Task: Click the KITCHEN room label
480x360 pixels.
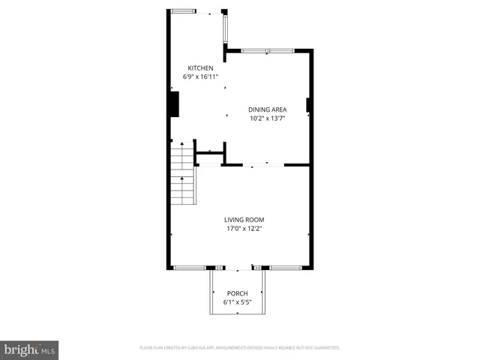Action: tap(195, 68)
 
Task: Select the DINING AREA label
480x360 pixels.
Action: tap(268, 109)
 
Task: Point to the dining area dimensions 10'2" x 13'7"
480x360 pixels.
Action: tap(268, 118)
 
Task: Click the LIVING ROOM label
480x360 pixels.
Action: tap(244, 220)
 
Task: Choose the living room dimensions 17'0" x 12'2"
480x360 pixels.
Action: tap(244, 229)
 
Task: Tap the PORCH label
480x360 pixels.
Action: tap(237, 293)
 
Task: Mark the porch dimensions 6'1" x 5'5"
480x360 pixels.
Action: tap(237, 302)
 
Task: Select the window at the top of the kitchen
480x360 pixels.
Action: tap(183, 11)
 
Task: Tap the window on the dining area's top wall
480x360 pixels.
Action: tap(268, 51)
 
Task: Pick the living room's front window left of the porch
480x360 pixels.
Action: tap(189, 268)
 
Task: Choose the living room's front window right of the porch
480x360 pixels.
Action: tap(286, 268)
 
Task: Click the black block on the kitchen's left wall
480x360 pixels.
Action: tap(173, 103)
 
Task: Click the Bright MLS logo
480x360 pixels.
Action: tap(30, 349)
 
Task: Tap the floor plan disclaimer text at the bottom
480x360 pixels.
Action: tap(240, 348)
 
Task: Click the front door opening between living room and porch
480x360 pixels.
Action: tap(238, 268)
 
